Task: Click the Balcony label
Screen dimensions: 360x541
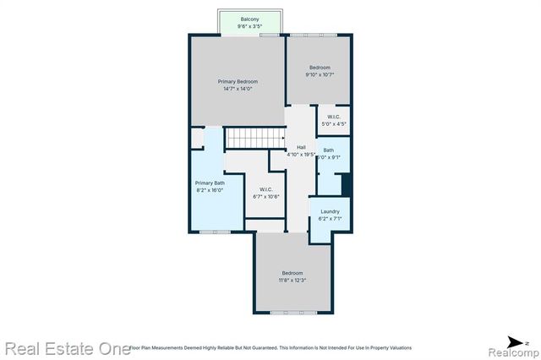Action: coord(249,19)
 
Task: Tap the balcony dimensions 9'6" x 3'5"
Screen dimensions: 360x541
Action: coord(249,26)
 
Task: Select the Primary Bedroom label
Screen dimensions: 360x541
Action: coord(238,81)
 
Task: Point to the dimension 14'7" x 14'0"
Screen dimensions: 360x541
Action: coord(238,89)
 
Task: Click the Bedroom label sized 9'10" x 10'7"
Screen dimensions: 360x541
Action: coord(319,68)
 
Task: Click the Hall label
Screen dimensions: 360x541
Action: coord(301,147)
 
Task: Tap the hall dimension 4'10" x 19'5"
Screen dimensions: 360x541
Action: coord(301,155)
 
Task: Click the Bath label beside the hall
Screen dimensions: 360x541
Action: coord(328,150)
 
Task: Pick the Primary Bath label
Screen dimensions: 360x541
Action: coord(210,183)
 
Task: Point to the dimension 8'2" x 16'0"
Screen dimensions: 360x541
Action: coord(210,190)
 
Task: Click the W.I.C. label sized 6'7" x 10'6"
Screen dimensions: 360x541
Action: coord(265,189)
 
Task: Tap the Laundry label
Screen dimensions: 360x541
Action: coord(330,211)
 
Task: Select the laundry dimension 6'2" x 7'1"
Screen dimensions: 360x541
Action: coord(330,219)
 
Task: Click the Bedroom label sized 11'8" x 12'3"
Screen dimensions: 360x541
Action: coord(292,272)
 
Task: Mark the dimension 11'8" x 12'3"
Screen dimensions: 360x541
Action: coord(292,280)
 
